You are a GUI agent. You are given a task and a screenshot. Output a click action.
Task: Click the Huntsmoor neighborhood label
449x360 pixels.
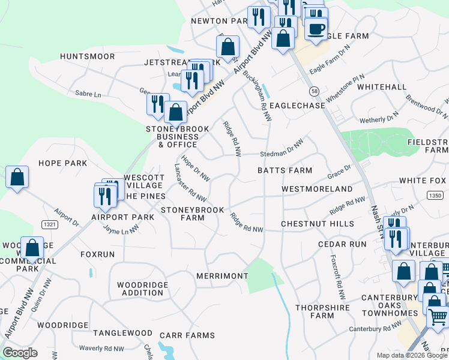(87, 56)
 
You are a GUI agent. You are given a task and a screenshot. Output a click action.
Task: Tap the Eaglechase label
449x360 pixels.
(297, 106)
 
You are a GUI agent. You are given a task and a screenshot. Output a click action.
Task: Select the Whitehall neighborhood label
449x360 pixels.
(381, 87)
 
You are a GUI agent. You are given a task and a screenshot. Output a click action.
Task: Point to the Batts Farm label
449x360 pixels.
(285, 170)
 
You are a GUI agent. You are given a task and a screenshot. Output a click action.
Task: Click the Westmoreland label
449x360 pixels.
(317, 189)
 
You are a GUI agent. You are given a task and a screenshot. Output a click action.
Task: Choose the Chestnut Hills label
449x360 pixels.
(318, 224)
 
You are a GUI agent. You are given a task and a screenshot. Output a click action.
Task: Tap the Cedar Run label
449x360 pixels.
(342, 244)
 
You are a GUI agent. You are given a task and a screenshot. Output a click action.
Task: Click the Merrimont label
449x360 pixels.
(221, 276)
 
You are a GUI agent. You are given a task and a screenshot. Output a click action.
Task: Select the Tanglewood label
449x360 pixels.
(122, 333)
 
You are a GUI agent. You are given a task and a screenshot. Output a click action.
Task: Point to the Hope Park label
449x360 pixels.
(62, 163)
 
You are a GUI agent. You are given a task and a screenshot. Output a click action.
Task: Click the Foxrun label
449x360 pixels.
(97, 254)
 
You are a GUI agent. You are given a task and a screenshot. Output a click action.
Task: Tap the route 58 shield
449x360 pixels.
(315, 91)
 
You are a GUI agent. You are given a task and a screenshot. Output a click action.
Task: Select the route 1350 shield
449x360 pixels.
(436, 195)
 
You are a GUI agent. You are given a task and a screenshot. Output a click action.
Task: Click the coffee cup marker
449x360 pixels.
(316, 28)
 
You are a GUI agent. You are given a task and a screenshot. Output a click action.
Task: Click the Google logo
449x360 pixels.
(20, 353)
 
